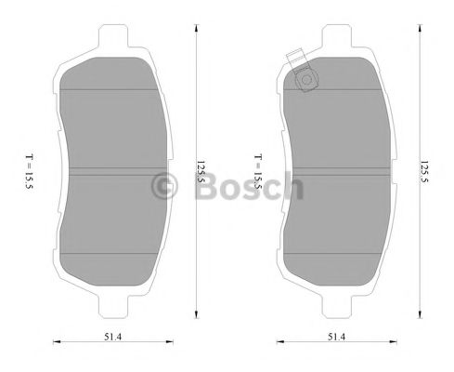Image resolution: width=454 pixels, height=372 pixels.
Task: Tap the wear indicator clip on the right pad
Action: click(x=305, y=79)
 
